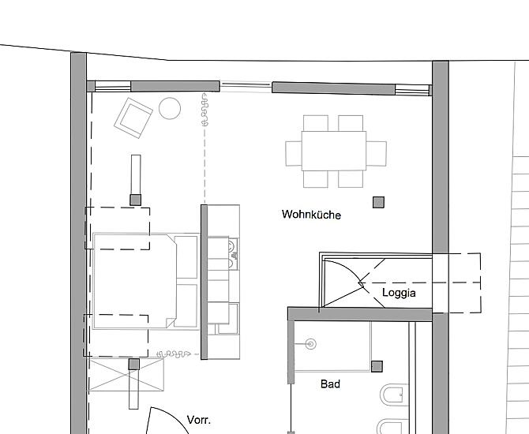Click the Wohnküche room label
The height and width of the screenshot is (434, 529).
point(311,215)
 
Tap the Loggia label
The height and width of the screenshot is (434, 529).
point(399,293)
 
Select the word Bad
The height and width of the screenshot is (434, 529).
point(330,383)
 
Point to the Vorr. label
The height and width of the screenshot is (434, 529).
point(199,420)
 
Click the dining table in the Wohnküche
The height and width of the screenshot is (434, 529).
point(334,151)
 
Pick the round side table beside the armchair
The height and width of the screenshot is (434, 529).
point(170,108)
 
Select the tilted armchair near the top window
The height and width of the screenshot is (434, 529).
point(133,118)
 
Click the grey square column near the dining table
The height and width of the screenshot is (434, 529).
point(378,202)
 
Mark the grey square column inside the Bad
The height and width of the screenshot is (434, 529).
point(377,367)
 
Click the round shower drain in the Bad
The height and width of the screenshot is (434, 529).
point(311,344)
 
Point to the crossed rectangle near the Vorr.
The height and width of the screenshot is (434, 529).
point(126,375)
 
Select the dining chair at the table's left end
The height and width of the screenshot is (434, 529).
point(294,153)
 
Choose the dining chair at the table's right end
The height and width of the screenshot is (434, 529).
point(376,153)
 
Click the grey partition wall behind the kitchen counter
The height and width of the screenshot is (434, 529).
point(204,282)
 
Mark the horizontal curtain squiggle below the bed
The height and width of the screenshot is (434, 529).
point(174,354)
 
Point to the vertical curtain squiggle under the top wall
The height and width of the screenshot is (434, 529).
point(204,110)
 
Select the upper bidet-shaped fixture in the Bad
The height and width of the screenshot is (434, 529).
point(392,395)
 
